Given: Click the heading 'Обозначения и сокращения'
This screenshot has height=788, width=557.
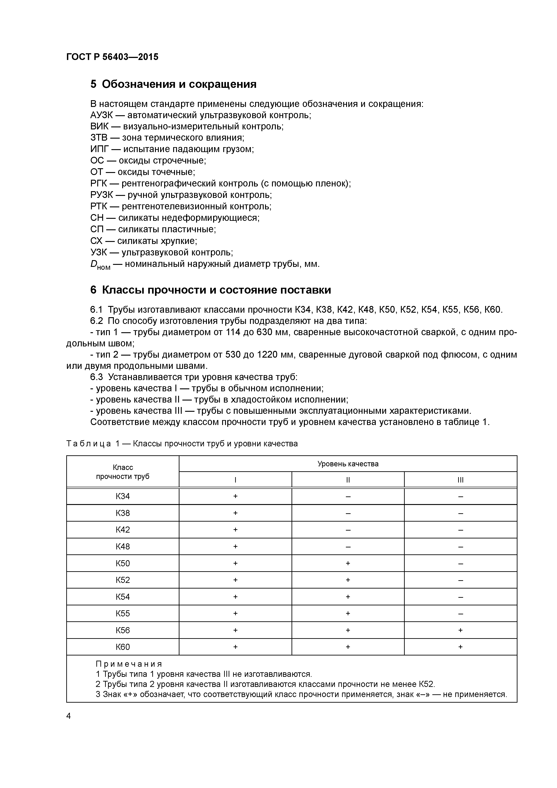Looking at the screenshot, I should click(179, 84).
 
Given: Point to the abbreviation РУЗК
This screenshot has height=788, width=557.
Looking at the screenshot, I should click(102, 195).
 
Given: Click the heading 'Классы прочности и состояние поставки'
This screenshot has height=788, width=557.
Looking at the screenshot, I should click(216, 290).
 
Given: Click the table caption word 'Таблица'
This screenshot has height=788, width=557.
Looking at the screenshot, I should click(88, 444).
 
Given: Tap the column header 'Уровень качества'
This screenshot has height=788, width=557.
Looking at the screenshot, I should click(348, 464).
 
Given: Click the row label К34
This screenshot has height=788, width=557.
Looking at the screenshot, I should click(123, 496).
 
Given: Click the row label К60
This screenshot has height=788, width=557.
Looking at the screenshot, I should click(123, 647).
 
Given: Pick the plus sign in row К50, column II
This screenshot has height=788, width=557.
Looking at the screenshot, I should click(348, 563).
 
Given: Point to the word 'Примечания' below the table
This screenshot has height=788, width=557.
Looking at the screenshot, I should click(129, 664).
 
